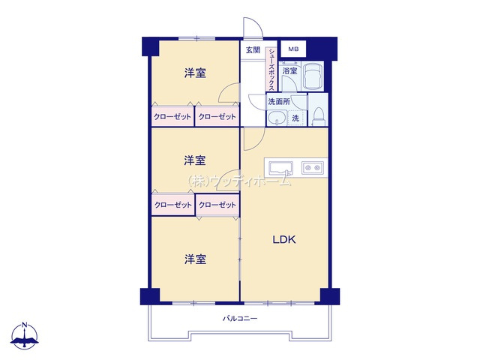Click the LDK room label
point(284,240)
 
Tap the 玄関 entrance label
point(252,50)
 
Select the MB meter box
point(293,49)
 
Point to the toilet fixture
point(318,115)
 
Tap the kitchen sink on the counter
point(279,166)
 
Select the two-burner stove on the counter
point(312,166)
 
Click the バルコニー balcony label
point(240,319)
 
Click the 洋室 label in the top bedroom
point(196,73)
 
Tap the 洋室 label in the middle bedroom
point(196,160)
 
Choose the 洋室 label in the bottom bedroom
point(196,259)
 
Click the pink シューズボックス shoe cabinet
point(271,67)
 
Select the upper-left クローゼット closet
point(172,117)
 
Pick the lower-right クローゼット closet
point(217,205)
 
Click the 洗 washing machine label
point(295,118)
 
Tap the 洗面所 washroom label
point(279,101)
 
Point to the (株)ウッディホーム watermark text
point(240,180)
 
